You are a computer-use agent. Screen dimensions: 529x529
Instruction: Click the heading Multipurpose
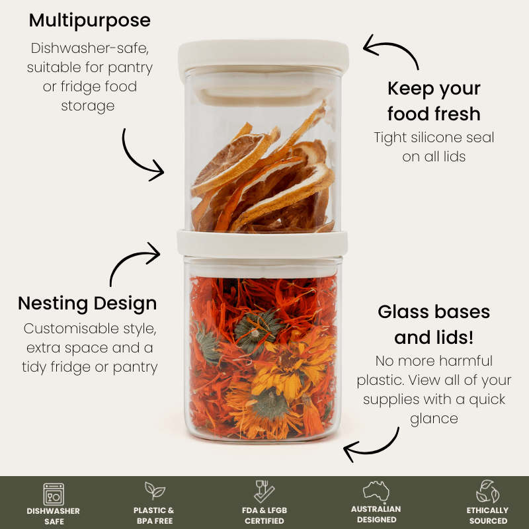pos(90,21)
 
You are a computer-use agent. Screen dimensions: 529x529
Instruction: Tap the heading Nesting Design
pos(87,304)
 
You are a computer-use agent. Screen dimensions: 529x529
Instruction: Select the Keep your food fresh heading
pos(434,101)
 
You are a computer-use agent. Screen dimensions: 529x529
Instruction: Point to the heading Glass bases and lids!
pos(434,325)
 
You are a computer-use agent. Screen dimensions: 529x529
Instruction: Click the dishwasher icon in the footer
pos(54,494)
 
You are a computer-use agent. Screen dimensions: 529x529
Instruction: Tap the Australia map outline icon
pos(376,491)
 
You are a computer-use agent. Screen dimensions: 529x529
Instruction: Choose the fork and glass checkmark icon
pos(264,491)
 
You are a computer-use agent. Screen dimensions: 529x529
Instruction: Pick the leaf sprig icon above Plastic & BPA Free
pos(155,491)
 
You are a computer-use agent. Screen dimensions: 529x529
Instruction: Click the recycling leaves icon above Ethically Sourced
pos(487,491)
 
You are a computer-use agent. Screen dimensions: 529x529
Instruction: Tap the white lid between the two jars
pos(263,243)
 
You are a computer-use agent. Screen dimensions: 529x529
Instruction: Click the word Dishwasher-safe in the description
pos(90,48)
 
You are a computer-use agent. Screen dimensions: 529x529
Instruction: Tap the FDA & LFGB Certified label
pos(264,516)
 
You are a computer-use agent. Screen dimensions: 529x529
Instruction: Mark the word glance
pos(434,419)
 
